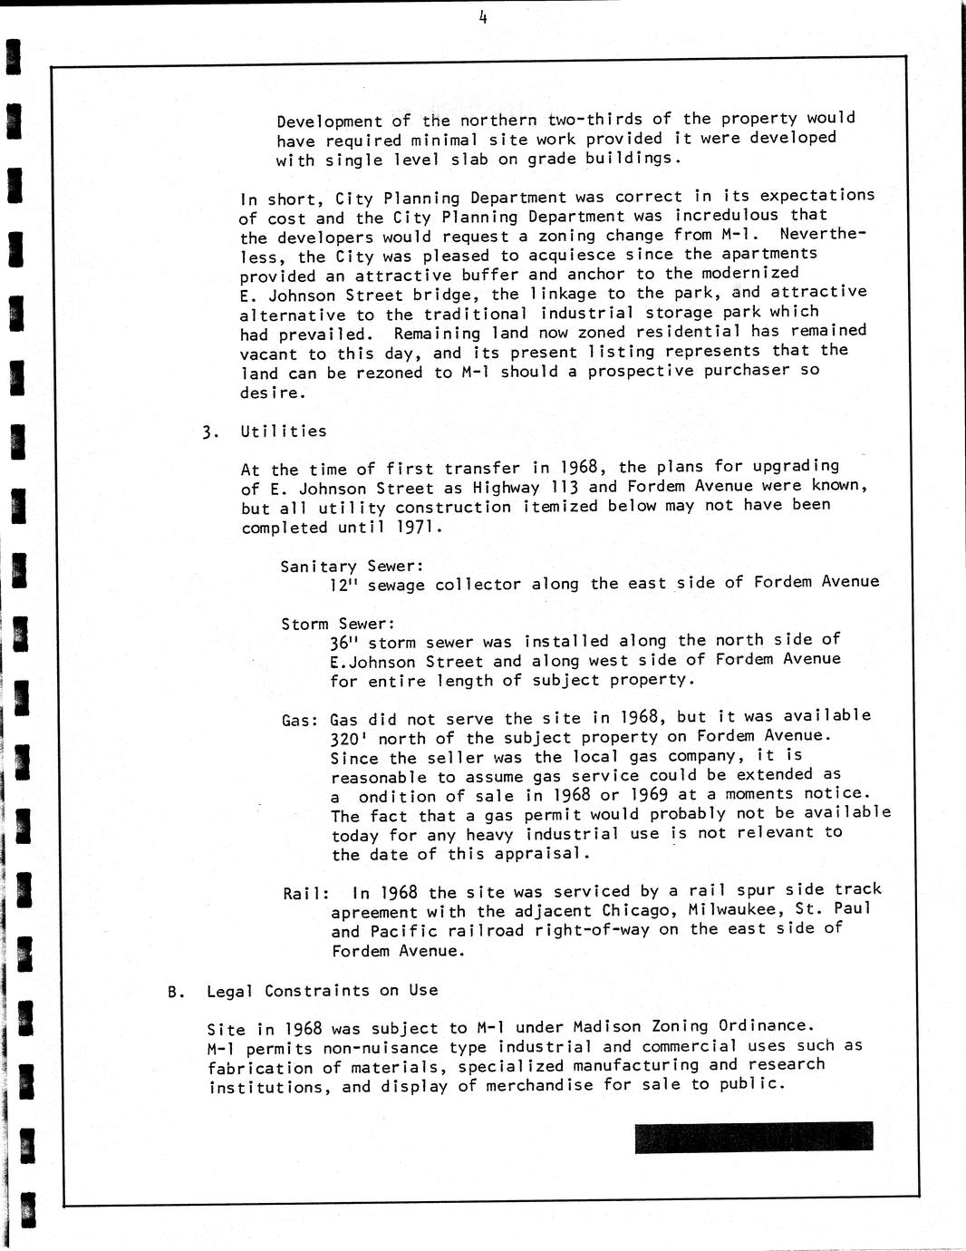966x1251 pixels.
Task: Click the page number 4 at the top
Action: (483, 15)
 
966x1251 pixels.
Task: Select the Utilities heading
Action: (283, 432)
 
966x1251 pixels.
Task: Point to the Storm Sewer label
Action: (338, 625)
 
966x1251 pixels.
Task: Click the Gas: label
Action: (299, 722)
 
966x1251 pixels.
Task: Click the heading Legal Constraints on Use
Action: (322, 992)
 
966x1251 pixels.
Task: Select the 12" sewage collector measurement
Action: (345, 586)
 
